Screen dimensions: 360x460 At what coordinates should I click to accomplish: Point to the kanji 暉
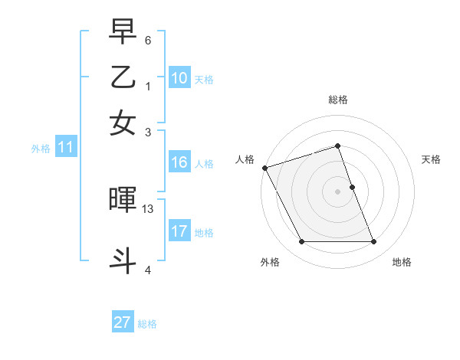[x=123, y=201]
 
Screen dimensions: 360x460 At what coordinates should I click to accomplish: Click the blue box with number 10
[x=179, y=78]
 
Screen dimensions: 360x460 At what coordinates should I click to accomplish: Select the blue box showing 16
[x=179, y=162]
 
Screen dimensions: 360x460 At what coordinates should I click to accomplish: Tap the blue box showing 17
[x=179, y=231]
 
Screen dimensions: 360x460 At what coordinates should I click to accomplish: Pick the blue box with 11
[x=65, y=148]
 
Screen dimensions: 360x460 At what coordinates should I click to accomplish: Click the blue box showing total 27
[x=123, y=322]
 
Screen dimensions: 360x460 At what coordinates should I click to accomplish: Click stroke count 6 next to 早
[x=148, y=40]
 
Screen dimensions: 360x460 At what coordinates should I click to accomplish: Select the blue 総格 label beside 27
[x=147, y=324]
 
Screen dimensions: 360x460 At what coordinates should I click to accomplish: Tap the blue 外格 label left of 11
[x=40, y=149]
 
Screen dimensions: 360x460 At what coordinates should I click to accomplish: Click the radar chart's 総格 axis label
[x=337, y=100]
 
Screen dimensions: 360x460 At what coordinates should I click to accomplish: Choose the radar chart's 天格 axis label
[x=431, y=159]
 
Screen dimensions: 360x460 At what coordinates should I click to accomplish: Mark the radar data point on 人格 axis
[x=264, y=168]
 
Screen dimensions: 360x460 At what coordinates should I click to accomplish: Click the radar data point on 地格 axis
[x=373, y=242]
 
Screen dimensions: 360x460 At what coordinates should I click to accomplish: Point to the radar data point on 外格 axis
[x=301, y=242]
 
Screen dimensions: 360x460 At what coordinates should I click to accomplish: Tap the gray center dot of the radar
[x=337, y=191]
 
